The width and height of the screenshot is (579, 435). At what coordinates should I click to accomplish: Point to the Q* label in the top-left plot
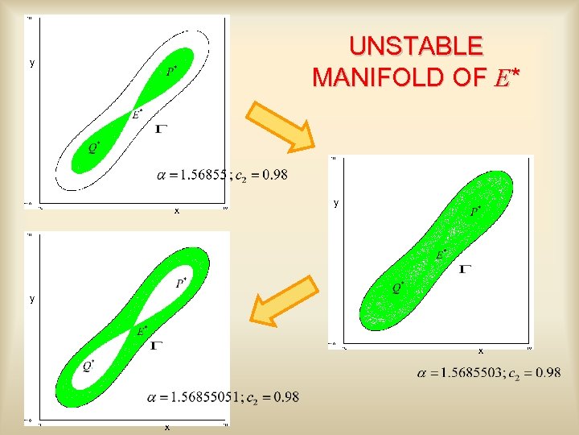(94, 147)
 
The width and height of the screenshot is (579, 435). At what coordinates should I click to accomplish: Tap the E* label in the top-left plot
(137, 114)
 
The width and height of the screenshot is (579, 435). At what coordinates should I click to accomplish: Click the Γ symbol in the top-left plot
(161, 128)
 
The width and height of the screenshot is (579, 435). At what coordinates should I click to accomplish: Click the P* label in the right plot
(475, 211)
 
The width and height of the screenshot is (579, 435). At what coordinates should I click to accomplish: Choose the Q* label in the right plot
(398, 288)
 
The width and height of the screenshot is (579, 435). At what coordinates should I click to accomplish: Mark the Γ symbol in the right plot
(466, 269)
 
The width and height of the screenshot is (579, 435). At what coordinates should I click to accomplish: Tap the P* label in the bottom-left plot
(182, 283)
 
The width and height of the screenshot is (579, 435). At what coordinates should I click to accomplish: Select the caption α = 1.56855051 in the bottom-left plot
(223, 396)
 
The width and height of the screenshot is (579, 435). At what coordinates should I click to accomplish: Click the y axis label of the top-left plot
(32, 62)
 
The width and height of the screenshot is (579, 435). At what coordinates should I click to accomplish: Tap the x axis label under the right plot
(481, 351)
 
